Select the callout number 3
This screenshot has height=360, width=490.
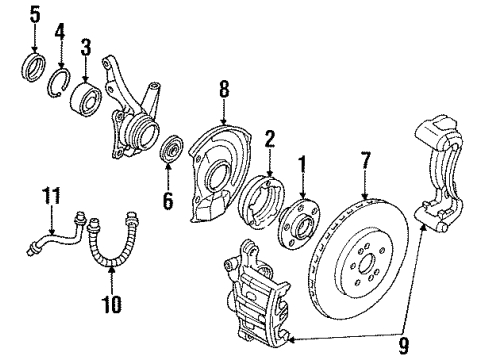coord(86,46)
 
